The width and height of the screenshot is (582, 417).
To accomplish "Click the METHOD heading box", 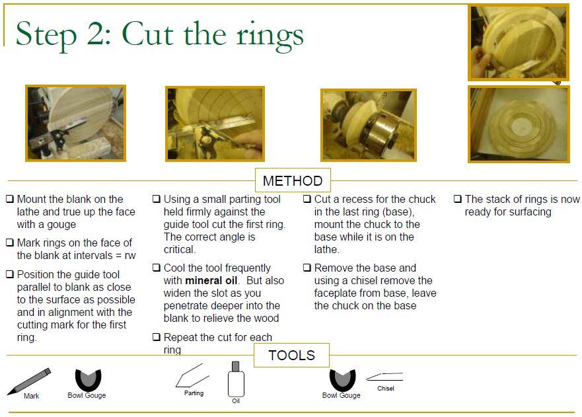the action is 293,180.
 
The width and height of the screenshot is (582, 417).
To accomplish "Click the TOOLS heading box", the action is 291,355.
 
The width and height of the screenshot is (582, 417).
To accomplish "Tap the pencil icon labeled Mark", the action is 29,381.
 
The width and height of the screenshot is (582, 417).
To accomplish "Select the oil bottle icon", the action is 235,379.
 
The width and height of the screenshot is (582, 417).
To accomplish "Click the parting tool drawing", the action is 192,376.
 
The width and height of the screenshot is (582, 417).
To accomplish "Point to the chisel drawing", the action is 384,377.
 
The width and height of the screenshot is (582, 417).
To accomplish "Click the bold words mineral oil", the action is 211,280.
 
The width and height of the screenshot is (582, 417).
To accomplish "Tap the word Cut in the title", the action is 148,34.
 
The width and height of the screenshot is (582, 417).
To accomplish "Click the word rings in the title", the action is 270,36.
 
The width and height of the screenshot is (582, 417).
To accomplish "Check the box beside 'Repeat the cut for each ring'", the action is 157,337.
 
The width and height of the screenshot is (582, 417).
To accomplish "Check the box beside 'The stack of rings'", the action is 458,199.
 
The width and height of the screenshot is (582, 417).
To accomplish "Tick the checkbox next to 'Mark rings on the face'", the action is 10,243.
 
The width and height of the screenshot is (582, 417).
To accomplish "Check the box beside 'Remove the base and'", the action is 307,268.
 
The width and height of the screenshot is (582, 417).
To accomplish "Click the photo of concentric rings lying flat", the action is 519,124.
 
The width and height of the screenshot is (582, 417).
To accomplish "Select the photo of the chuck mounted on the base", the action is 369,125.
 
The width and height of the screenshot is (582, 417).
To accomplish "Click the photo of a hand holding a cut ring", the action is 519,42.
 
